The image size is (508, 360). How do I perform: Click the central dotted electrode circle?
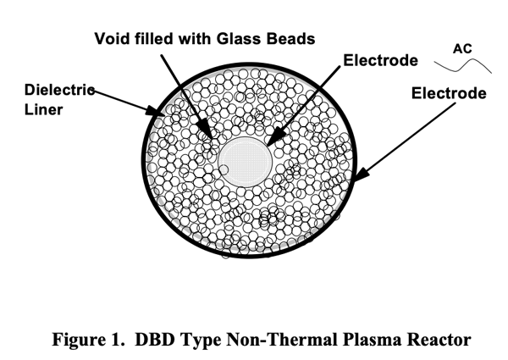[x=245, y=158]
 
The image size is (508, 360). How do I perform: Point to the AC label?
[x=462, y=48]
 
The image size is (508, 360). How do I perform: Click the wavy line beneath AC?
[x=462, y=64]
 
